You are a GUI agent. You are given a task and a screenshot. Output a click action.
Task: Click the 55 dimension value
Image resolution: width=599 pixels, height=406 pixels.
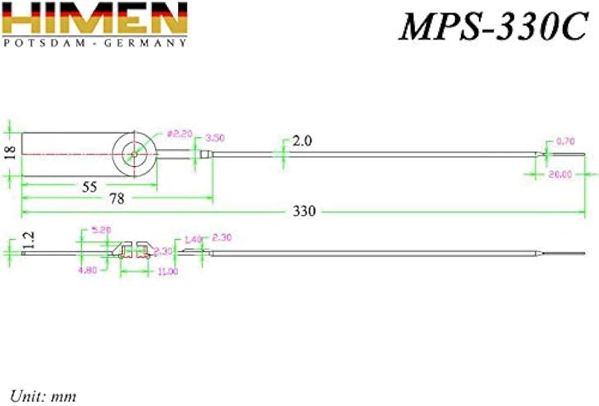90,187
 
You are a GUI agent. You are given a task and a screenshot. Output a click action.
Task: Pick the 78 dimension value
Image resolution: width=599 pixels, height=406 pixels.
117,199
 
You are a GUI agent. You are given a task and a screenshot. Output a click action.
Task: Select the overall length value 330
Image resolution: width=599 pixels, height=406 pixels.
303,211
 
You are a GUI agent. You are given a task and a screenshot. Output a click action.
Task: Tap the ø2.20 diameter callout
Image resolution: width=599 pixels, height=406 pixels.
179,133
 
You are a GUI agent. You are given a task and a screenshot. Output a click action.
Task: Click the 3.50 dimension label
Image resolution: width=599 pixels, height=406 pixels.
214,138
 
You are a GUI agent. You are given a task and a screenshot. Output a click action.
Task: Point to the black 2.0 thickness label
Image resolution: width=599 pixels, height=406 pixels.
302,141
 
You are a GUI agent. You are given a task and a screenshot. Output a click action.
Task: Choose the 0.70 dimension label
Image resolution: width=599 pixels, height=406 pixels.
565,141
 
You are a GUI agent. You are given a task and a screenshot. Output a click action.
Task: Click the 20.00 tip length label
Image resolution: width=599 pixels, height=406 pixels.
560,174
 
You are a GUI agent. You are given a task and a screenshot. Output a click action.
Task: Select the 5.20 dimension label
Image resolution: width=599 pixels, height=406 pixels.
101,230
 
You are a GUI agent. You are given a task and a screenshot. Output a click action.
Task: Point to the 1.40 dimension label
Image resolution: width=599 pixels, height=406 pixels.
192,239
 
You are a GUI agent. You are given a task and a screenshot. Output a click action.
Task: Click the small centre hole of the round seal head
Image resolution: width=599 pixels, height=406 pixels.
135,154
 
